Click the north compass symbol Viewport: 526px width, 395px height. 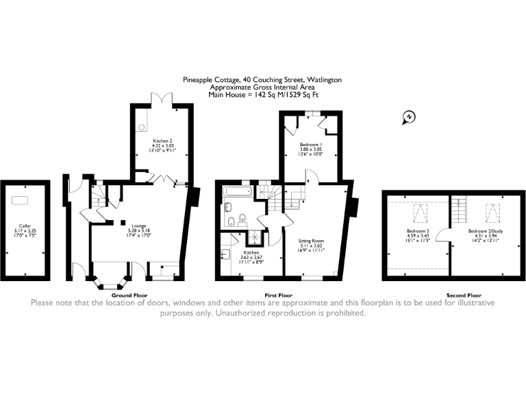point(408,117)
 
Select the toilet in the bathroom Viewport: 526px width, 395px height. point(232,220)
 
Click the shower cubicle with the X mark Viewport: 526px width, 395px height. point(255,236)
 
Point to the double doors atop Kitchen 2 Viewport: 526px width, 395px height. point(162,101)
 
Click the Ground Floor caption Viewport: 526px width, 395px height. point(130,295)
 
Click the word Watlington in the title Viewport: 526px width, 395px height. point(322,80)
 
